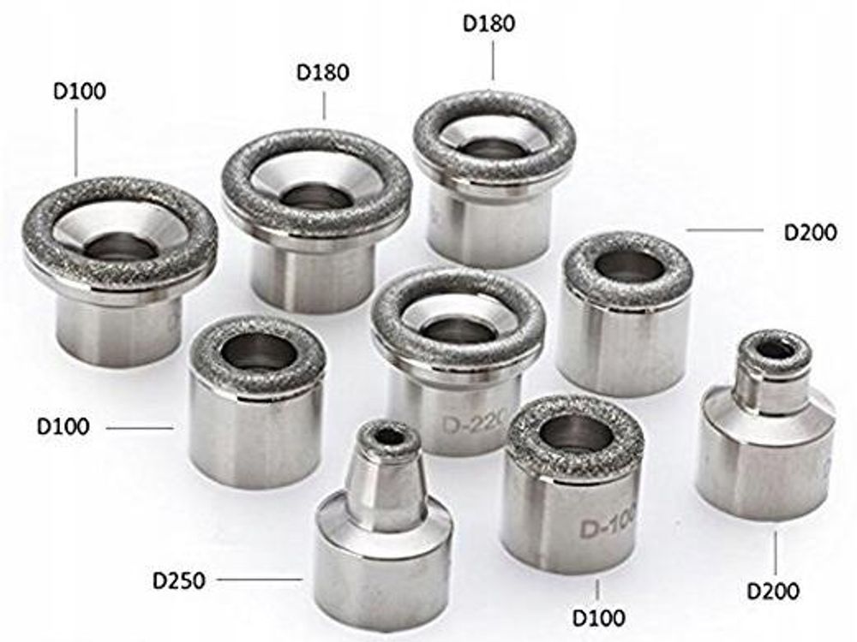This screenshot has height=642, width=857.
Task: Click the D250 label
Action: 179,580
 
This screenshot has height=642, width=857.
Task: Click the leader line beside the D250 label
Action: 259,580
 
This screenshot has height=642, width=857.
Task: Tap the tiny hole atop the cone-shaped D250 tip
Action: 388,437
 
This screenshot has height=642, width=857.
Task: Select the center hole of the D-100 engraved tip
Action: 574,431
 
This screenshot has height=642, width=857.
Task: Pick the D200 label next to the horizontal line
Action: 810,233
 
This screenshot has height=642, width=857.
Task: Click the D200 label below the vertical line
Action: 772,591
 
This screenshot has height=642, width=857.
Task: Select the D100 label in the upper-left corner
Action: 79,92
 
